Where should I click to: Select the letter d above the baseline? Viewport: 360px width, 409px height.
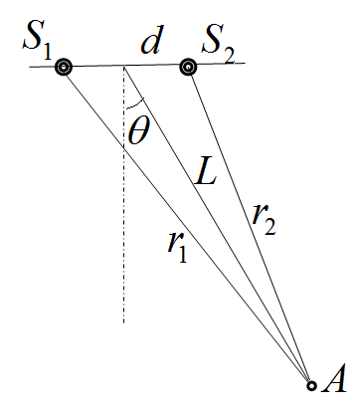[151, 43]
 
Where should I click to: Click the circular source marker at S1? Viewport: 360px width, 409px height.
[64, 68]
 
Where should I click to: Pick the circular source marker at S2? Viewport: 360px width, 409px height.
[188, 68]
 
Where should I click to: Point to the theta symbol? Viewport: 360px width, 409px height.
[139, 131]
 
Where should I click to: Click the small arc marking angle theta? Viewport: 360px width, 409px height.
[135, 105]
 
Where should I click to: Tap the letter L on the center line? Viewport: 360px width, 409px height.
[206, 173]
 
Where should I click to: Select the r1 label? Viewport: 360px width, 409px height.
[177, 247]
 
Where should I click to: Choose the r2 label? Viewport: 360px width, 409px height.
[264, 221]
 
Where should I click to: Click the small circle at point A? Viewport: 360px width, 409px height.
[311, 385]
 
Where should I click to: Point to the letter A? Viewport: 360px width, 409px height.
[334, 378]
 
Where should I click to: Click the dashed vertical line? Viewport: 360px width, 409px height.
[124, 194]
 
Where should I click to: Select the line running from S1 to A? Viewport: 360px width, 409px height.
[187, 226]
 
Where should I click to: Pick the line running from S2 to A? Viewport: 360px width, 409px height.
[250, 226]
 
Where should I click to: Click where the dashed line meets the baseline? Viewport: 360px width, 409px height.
[124, 66]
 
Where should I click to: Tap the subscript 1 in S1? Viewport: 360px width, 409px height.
[48, 52]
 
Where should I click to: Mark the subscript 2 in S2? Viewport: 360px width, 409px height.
[229, 57]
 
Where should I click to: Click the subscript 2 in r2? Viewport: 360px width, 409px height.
[270, 228]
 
